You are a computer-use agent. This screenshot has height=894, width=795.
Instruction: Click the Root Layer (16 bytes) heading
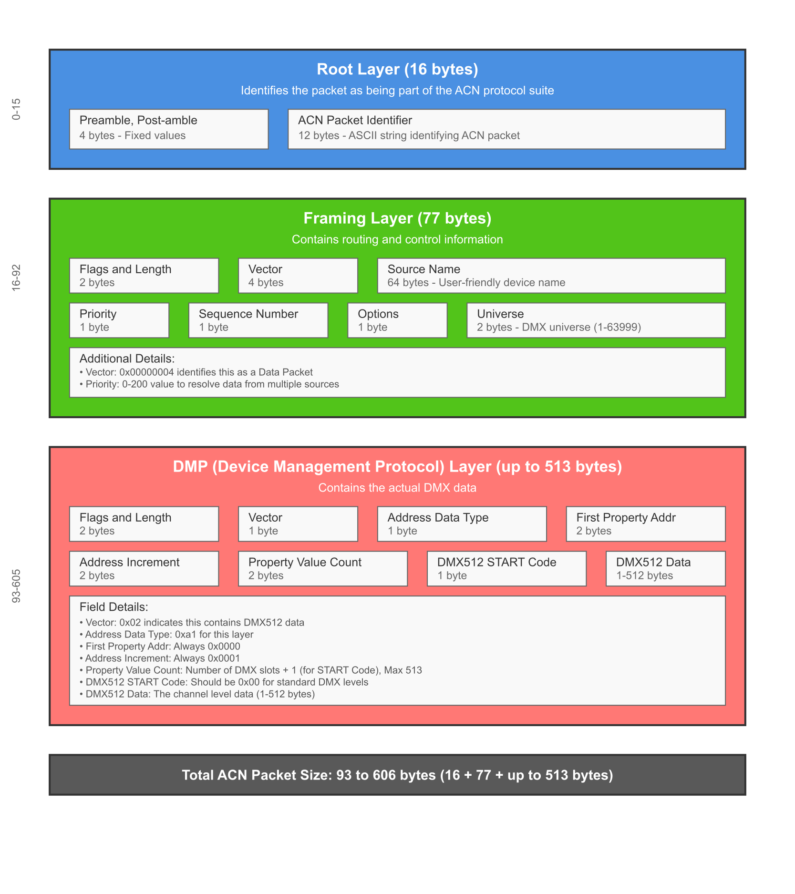point(397,69)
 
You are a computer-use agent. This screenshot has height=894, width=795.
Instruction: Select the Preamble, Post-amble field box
point(169,129)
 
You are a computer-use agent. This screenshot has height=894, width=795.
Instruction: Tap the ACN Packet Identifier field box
point(506,129)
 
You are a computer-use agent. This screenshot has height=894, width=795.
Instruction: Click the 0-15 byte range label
point(16,109)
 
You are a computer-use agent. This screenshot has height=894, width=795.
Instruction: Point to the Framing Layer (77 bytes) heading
point(397,218)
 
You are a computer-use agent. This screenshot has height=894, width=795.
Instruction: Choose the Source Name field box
point(551,276)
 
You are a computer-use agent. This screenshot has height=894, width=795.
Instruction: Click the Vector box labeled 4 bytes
point(298,276)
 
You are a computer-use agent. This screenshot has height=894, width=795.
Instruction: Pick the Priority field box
point(119,320)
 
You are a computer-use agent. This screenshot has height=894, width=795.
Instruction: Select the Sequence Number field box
point(258,320)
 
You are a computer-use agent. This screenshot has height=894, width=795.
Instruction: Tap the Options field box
point(397,320)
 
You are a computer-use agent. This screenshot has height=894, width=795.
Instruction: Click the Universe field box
point(596,320)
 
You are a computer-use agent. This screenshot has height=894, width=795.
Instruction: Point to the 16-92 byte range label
point(16,277)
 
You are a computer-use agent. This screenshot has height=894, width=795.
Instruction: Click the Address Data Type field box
point(462,524)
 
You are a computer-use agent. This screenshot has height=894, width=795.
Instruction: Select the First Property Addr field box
point(646,524)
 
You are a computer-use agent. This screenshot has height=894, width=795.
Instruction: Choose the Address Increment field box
point(144,569)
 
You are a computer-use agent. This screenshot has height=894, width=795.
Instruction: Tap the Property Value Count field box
point(323,569)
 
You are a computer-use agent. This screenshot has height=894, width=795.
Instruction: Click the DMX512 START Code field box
point(506,569)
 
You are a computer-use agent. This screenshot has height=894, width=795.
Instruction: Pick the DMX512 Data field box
point(666,569)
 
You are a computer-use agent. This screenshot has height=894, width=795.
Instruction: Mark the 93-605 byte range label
point(16,586)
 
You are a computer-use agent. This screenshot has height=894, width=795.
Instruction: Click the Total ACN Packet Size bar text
point(397,775)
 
